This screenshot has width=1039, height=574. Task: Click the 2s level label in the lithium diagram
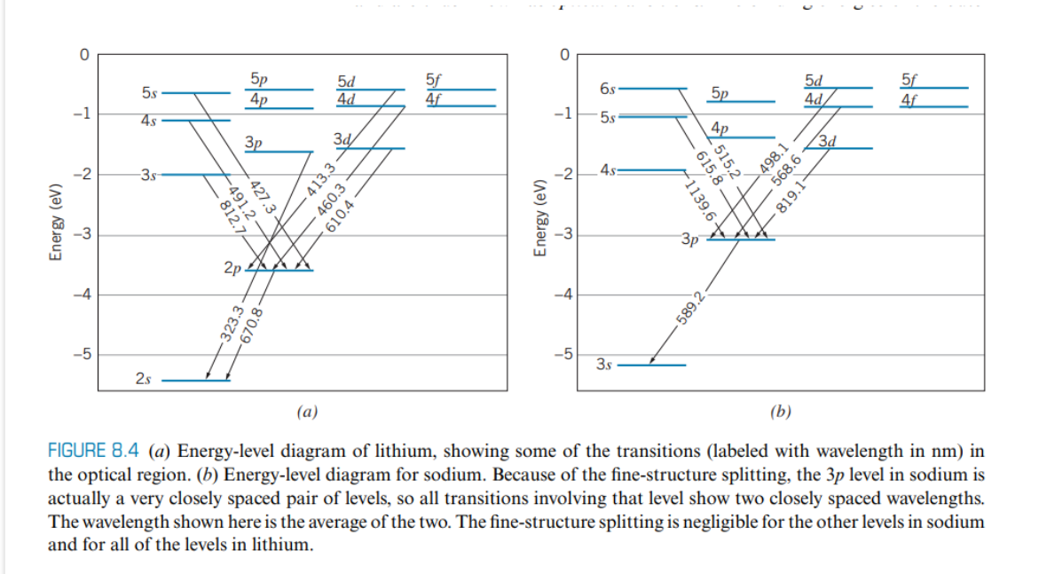pyautogui.click(x=144, y=380)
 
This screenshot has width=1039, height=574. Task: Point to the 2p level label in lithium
pyautogui.click(x=232, y=267)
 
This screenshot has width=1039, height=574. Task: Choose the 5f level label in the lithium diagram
pyautogui.click(x=433, y=79)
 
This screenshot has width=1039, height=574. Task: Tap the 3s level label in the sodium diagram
pyautogui.click(x=604, y=364)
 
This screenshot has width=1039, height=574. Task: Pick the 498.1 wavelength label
pyautogui.click(x=768, y=162)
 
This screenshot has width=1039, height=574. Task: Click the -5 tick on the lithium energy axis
pyautogui.click(x=82, y=355)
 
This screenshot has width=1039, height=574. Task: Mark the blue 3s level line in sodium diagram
pyautogui.click(x=652, y=365)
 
